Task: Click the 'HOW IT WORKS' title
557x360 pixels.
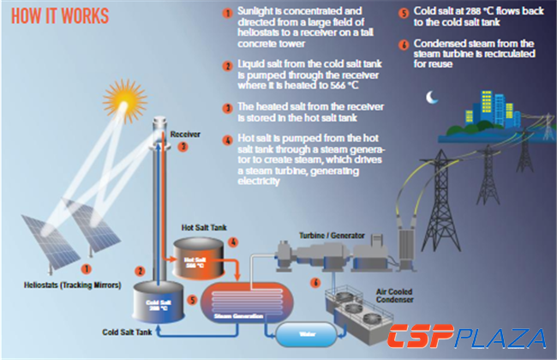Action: tap(55, 17)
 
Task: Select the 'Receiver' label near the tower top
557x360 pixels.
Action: tap(185, 135)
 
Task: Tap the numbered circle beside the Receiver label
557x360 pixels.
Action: tap(182, 147)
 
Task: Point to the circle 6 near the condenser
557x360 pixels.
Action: tap(315, 281)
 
